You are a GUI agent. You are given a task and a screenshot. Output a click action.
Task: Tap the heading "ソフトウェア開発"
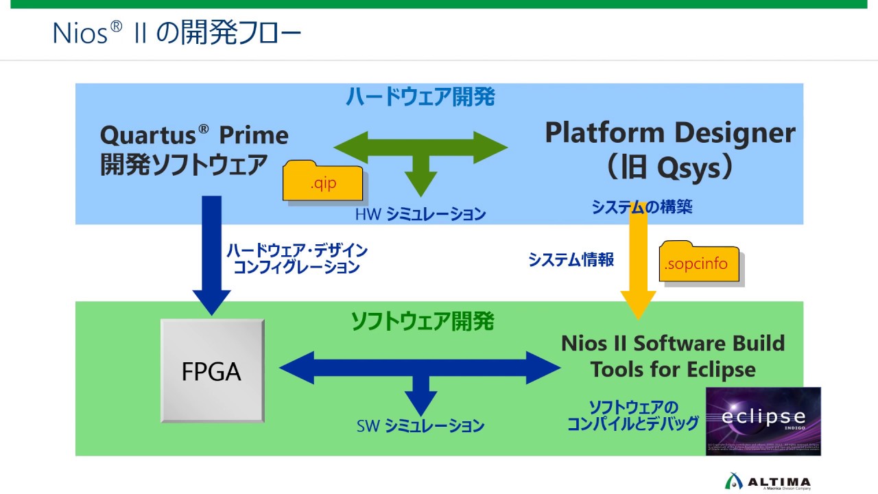(423, 321)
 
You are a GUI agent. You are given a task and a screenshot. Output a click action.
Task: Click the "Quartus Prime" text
(194, 135)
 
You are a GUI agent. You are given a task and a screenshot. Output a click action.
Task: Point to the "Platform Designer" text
(669, 132)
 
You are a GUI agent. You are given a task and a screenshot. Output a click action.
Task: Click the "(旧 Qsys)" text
(670, 167)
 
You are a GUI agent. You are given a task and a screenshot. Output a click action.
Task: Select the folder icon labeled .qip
(324, 183)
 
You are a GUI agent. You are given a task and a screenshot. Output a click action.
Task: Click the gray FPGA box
(211, 371)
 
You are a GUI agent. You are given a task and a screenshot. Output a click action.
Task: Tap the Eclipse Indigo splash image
(763, 421)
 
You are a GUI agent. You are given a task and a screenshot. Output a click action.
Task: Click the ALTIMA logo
(768, 482)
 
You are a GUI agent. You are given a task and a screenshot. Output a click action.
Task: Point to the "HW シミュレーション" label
(420, 214)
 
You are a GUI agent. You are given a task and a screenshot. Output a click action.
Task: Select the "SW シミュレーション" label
(420, 426)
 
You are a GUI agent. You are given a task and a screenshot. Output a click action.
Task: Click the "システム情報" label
(571, 260)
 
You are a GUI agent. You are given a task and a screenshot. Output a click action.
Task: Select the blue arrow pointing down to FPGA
(211, 254)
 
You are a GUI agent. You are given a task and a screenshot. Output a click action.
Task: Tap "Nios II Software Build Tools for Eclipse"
(672, 356)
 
